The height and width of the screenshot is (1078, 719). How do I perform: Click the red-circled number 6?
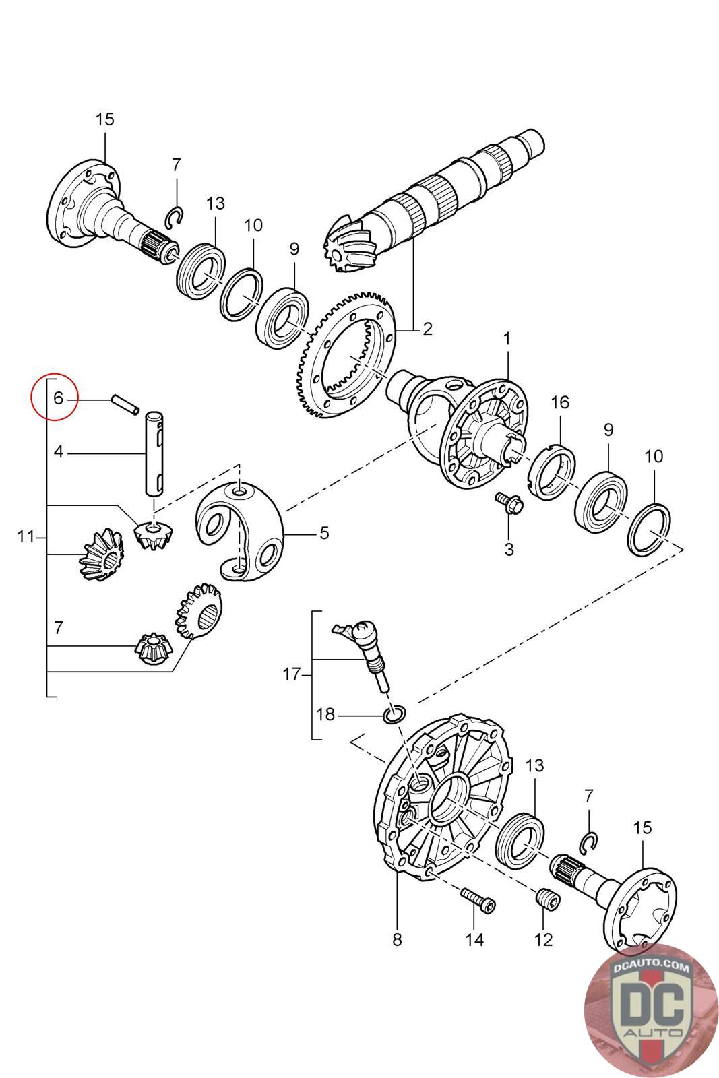58,398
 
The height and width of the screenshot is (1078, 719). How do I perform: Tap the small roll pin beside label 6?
125,404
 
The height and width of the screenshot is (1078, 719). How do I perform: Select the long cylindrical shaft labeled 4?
154,453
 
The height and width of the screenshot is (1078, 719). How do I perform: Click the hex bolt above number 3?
509,503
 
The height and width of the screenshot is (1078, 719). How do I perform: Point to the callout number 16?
560,402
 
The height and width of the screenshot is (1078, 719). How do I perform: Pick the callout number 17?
291,674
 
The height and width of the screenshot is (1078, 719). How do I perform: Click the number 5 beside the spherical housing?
324,533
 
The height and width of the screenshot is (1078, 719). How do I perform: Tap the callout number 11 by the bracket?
26,536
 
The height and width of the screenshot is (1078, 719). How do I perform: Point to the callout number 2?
427,329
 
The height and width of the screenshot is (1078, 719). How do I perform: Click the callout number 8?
397,939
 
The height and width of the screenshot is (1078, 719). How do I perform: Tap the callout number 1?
507,339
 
